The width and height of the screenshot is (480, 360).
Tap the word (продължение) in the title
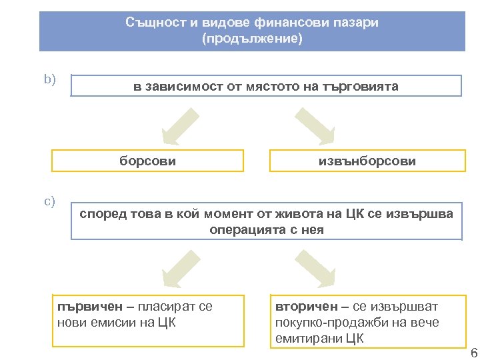(251, 39)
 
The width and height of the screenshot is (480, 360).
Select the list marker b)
(49, 80)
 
